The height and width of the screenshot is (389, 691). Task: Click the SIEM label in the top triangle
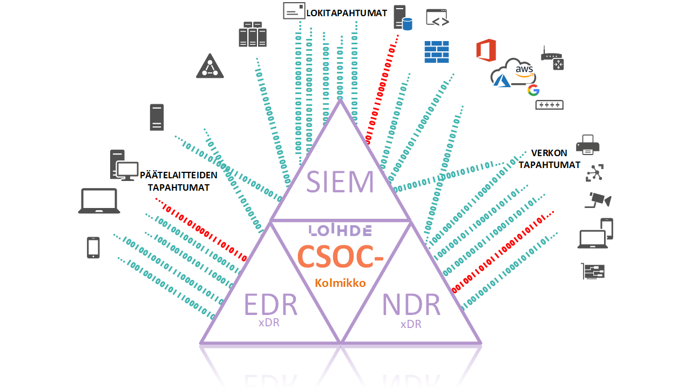[x=340, y=182]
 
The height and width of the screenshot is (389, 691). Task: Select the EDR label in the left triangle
[x=271, y=305]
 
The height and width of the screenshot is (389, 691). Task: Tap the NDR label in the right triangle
[x=411, y=305]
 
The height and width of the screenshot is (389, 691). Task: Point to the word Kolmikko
[x=340, y=283]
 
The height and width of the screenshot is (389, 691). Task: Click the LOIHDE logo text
[x=340, y=231]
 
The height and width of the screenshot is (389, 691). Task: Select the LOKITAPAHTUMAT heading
[x=347, y=12]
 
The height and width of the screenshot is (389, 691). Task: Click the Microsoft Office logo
[x=486, y=50]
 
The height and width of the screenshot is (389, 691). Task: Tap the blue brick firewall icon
[x=437, y=52]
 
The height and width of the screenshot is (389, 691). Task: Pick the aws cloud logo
[x=523, y=70]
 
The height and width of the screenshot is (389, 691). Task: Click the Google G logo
[x=533, y=90]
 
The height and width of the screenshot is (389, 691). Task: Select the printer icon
[x=588, y=144]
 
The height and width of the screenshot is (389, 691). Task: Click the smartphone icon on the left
[x=93, y=247]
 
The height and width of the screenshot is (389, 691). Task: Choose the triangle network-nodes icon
[x=209, y=66]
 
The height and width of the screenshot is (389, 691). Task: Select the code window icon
[x=438, y=18]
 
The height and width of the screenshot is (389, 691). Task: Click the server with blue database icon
[x=402, y=18]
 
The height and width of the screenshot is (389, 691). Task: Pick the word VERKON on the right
[x=548, y=153]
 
